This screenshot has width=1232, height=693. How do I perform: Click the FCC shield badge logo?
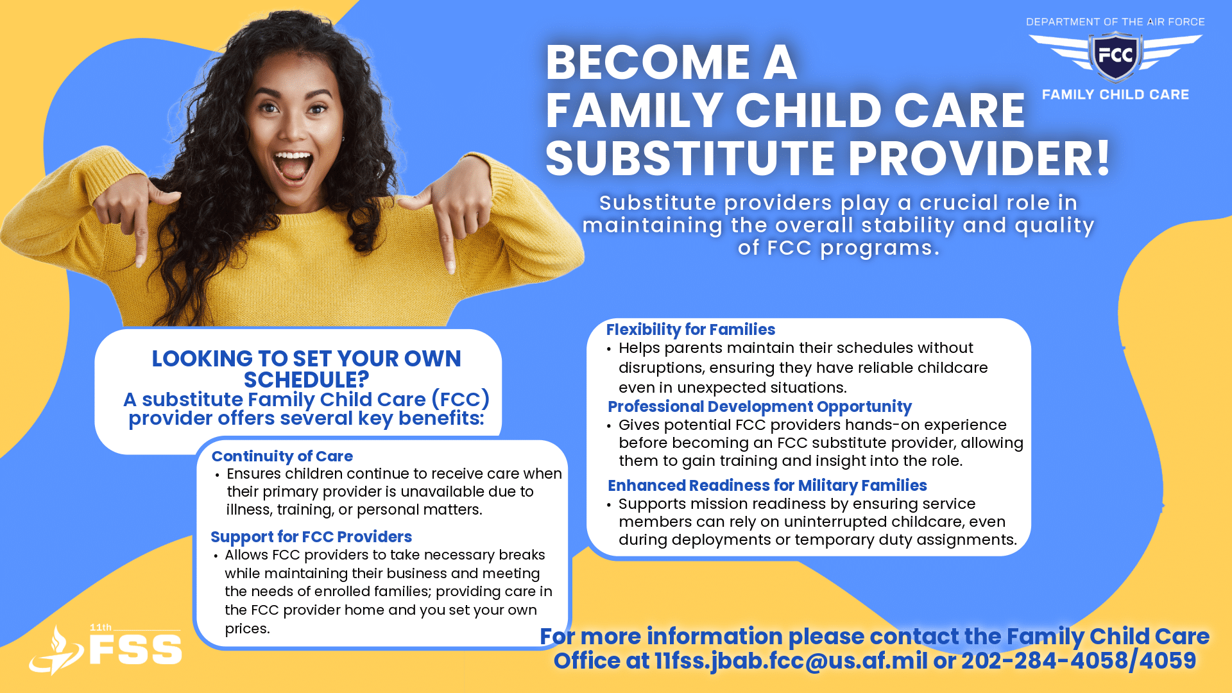click(x=1116, y=56)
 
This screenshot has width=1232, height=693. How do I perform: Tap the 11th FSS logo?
click(x=106, y=649)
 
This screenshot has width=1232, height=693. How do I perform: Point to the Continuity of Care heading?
click(x=282, y=456)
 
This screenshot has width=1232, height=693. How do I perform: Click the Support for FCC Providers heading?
click(x=311, y=536)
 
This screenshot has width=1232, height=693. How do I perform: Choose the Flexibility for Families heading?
click(x=690, y=329)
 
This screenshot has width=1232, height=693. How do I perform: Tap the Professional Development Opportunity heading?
click(x=760, y=407)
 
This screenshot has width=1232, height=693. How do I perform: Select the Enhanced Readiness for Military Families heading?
click(x=767, y=486)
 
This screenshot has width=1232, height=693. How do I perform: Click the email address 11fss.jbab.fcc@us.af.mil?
click(x=791, y=660)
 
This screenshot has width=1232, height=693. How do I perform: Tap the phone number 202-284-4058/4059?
click(x=1079, y=660)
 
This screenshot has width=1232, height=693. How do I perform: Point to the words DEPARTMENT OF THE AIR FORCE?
click(x=1115, y=22)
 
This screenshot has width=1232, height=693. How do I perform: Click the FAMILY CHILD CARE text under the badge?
click(x=1115, y=94)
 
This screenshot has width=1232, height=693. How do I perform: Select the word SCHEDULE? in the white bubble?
click(x=307, y=380)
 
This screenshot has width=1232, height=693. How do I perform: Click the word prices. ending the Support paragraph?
click(x=248, y=629)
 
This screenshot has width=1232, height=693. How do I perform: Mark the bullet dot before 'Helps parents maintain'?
click(x=609, y=350)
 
